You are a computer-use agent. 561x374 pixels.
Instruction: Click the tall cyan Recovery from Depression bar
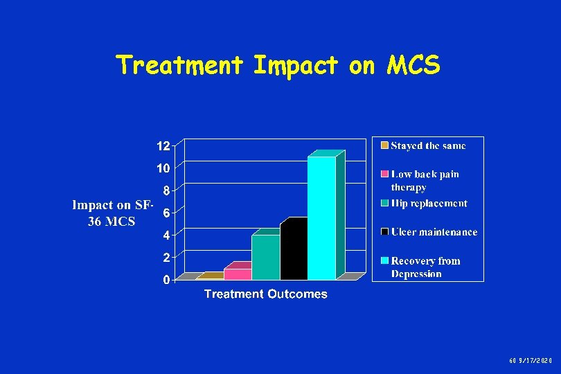[321, 218]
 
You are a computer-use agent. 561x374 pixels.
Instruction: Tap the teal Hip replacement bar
[265, 257]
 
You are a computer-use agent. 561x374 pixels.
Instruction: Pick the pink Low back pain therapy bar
[238, 274]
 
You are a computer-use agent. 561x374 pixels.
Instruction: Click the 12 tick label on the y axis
[163, 146]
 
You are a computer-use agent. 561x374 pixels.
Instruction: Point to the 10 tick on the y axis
[163, 168]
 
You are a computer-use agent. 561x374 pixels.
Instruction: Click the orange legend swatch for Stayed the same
[383, 145]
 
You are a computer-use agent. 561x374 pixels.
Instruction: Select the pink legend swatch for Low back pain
[383, 174]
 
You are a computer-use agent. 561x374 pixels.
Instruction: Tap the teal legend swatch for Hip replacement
[383, 203]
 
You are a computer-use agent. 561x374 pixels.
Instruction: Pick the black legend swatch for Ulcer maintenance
[383, 232]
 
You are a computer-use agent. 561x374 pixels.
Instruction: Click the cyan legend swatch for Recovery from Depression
[383, 261]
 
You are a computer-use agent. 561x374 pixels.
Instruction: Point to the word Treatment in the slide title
[180, 65]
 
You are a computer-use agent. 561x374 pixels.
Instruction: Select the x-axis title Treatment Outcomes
[265, 294]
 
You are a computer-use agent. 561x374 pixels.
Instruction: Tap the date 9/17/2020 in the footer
[537, 361]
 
